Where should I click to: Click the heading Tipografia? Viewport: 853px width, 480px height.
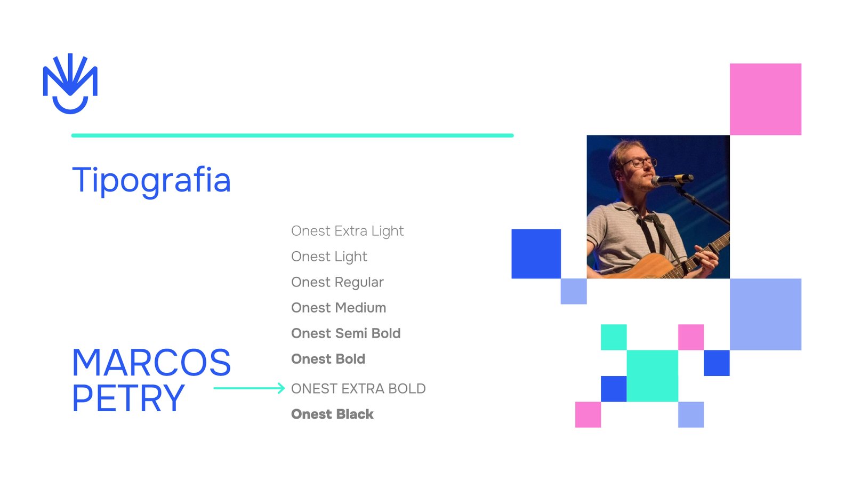coord(151,181)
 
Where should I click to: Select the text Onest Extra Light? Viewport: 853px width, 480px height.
coord(347,231)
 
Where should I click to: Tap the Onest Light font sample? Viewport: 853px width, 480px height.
coord(329,257)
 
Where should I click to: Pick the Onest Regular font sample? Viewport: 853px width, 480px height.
coord(337,282)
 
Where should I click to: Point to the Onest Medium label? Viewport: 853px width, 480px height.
coord(339,308)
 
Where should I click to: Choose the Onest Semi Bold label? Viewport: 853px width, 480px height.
coord(346,333)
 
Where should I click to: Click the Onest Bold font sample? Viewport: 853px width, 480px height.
coord(328,359)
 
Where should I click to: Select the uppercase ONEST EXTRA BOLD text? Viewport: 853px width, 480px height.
coord(358,389)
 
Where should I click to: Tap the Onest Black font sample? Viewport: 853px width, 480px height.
coord(333,414)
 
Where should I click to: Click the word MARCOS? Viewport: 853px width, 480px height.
coord(151,362)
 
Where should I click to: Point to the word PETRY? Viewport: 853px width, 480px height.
coord(128,398)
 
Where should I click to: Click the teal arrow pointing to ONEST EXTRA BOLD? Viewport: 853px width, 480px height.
coord(249,388)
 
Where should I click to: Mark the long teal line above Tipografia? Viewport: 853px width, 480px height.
coord(293,135)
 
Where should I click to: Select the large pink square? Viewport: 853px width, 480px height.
coord(766,99)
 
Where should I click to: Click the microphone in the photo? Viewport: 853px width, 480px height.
coord(672,179)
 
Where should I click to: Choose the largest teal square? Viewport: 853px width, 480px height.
coord(653,376)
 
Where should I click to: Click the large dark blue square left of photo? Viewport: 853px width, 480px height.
coord(536,254)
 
